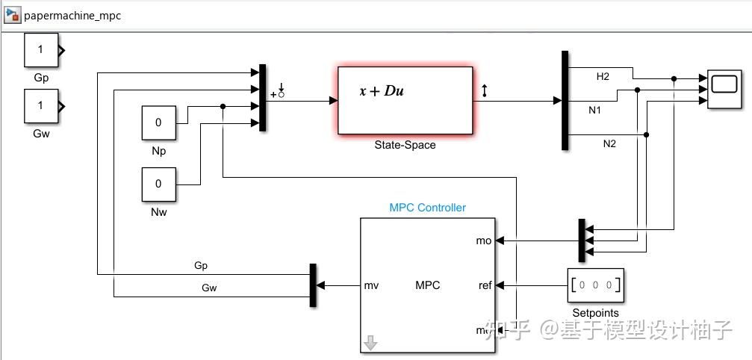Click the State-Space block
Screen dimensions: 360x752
point(405,101)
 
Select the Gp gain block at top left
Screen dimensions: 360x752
point(41,50)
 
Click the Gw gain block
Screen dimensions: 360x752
point(41,106)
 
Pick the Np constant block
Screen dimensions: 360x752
point(159,122)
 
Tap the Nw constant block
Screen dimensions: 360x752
point(159,184)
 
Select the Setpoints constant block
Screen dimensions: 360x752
point(595,285)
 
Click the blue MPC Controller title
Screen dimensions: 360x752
point(427,208)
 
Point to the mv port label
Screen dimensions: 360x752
point(371,285)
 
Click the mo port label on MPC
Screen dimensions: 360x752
point(484,240)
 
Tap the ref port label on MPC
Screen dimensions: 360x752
point(485,285)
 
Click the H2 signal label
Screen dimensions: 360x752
point(602,77)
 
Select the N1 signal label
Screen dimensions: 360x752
point(595,111)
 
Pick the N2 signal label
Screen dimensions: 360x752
point(609,143)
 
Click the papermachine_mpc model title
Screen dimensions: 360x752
point(72,16)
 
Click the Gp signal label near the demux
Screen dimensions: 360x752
point(200,265)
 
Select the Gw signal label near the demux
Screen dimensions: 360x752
point(209,288)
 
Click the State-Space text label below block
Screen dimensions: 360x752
point(405,145)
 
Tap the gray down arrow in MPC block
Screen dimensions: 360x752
point(370,343)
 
